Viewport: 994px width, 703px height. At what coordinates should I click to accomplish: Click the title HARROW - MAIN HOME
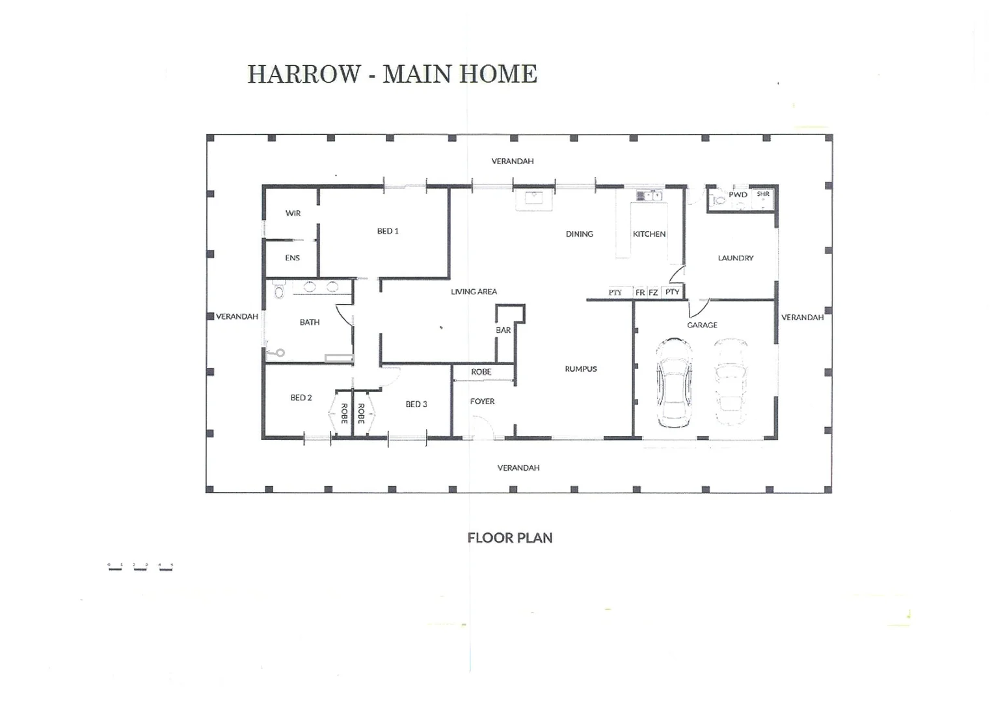pos(392,74)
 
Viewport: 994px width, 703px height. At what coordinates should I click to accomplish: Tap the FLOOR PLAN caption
pos(510,538)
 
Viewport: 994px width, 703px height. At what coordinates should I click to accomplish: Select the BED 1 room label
pos(388,231)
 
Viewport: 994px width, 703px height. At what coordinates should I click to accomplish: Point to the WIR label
pos(293,214)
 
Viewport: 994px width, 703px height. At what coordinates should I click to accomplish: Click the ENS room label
pos(292,258)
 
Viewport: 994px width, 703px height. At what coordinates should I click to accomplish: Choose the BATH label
pos(310,322)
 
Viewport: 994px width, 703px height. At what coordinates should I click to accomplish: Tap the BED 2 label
pos(301,398)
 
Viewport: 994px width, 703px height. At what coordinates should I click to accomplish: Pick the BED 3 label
pos(416,404)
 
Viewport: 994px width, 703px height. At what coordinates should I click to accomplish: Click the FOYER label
pos(482,402)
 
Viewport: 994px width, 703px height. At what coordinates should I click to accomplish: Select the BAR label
pos(503,330)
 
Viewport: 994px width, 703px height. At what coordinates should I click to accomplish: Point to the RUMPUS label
pos(581,369)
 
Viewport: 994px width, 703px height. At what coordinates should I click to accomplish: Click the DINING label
pos(579,234)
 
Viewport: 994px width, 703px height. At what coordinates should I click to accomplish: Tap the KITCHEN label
pos(649,234)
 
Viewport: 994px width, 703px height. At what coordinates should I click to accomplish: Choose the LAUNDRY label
pos(736,258)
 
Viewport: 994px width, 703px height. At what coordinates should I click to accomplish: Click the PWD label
pos(738,195)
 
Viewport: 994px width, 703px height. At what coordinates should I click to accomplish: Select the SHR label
pos(763,194)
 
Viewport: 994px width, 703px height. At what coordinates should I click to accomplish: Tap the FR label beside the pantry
pos(640,293)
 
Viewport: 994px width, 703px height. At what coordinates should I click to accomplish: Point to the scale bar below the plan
pos(140,567)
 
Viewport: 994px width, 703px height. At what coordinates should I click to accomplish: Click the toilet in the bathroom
pos(280,291)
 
